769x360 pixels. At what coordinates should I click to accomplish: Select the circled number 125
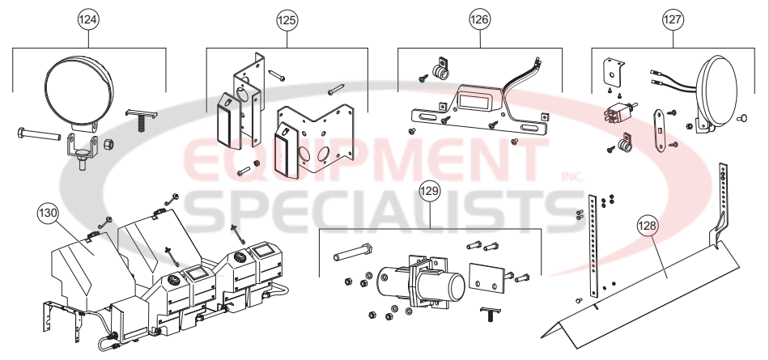(287, 19)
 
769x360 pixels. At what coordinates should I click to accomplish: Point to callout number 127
(673, 19)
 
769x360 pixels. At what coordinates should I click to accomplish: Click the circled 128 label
(648, 229)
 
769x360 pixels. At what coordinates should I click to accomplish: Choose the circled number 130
(49, 214)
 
